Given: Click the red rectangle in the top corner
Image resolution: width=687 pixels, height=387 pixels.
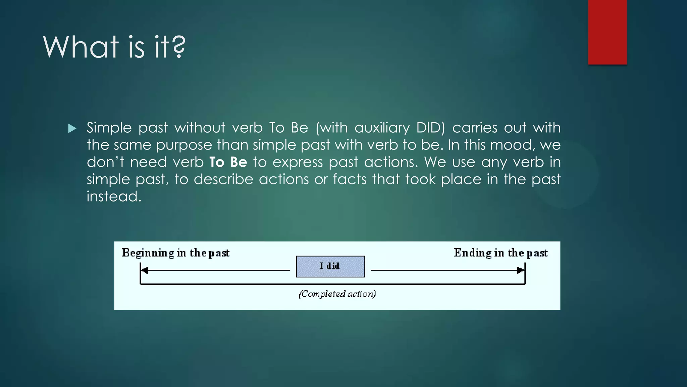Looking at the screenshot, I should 607,32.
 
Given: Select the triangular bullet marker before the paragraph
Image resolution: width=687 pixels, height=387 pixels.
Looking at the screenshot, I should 72,128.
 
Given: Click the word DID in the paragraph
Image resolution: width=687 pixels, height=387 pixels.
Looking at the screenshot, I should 430,128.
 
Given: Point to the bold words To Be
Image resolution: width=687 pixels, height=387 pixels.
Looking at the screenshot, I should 228,162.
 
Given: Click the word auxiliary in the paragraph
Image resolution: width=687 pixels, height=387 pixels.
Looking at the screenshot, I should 382,128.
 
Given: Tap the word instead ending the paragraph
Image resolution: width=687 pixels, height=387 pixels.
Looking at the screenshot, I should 114,196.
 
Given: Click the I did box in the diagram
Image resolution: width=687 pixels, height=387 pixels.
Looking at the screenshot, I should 330,266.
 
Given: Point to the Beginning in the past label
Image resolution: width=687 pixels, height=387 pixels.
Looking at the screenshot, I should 175,253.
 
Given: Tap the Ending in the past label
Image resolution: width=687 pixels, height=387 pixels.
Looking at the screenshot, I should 500,253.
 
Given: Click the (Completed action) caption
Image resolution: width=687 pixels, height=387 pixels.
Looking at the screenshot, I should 337,294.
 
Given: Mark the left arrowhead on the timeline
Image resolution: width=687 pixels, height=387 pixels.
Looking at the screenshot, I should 145,270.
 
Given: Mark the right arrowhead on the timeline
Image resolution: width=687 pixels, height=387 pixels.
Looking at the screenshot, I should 520,270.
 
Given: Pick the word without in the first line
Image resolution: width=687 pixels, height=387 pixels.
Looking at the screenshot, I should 200,128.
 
